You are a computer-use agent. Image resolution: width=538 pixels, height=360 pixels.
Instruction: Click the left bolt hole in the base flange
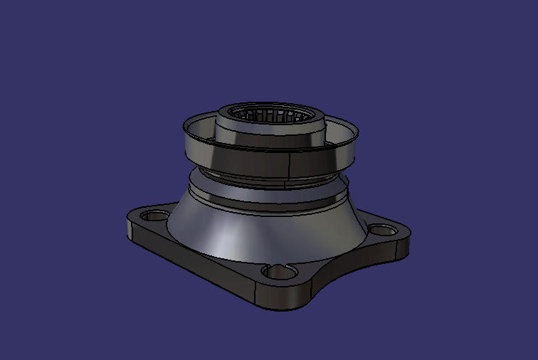coord(151,215)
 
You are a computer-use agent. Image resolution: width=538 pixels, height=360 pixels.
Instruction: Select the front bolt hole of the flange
coord(275,272)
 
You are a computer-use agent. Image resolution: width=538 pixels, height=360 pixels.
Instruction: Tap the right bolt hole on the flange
coord(381,230)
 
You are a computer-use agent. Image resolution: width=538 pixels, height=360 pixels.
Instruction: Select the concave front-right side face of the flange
coord(349,274)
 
